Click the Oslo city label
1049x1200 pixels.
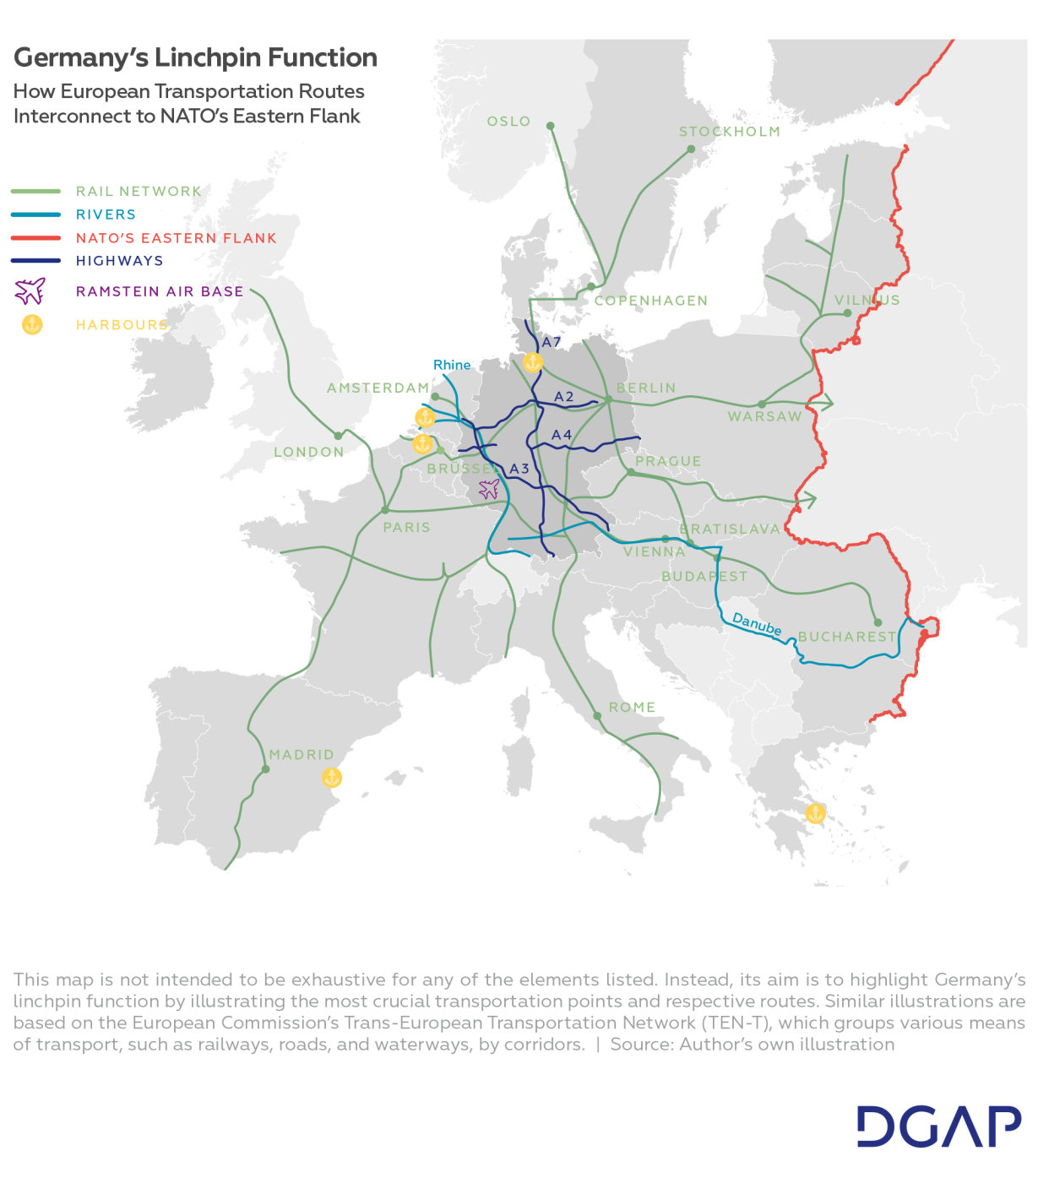pyautogui.click(x=508, y=122)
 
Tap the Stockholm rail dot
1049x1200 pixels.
pyautogui.click(x=691, y=149)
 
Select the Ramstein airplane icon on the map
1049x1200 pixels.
pyautogui.click(x=489, y=489)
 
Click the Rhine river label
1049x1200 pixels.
pyautogui.click(x=452, y=365)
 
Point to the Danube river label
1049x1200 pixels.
pyautogui.click(x=757, y=624)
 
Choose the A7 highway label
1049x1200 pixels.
pyautogui.click(x=552, y=342)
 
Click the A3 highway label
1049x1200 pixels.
pyautogui.click(x=519, y=469)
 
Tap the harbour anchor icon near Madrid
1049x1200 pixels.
pyautogui.click(x=332, y=777)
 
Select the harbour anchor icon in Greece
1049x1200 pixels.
pyautogui.click(x=815, y=813)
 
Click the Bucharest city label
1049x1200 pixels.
pyautogui.click(x=847, y=637)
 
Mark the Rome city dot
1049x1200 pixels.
pyautogui.click(x=597, y=715)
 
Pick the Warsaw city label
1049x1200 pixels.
pyautogui.click(x=764, y=416)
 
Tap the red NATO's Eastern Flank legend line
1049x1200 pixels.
pyautogui.click(x=35, y=238)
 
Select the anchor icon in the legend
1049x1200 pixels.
pyautogui.click(x=32, y=324)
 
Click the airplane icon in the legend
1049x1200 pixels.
pyautogui.click(x=30, y=291)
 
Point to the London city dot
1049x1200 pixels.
pyautogui.click(x=338, y=436)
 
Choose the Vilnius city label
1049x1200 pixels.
pyautogui.click(x=867, y=301)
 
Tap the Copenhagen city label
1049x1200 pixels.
pyautogui.click(x=651, y=301)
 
